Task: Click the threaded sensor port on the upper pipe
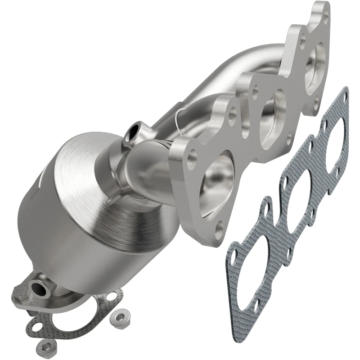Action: tap(134, 132)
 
